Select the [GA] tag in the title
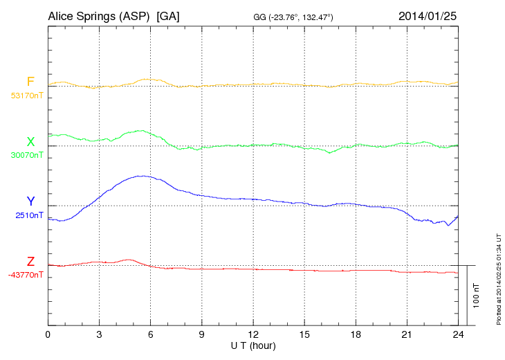(169, 15)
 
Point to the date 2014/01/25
(428, 15)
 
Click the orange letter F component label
(30, 82)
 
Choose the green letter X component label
(30, 142)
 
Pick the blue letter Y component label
(30, 201)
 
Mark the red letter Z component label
(30, 262)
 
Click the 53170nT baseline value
(27, 96)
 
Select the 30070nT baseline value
(27, 155)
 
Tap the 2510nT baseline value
(29, 215)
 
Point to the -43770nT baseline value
(26, 275)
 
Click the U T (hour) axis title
(253, 345)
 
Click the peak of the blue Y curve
(143, 176)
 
